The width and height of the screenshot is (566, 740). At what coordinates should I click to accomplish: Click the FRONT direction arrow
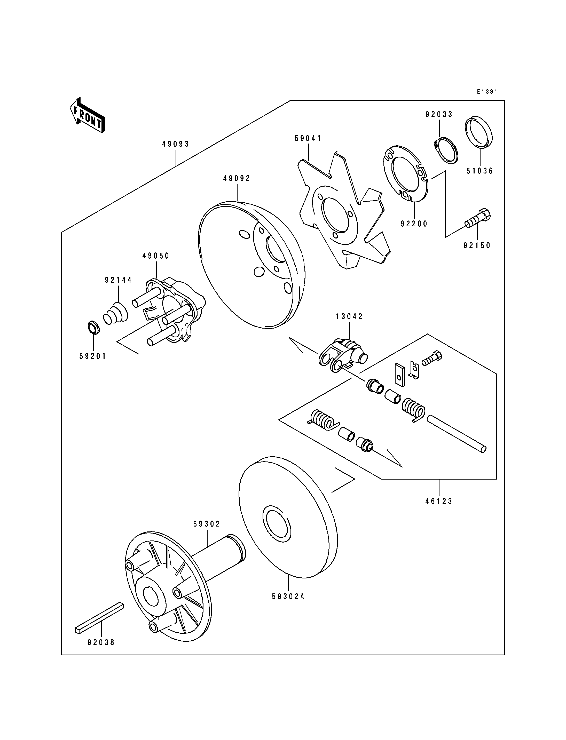tap(87, 116)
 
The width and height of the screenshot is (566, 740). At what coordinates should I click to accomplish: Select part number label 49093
tap(176, 144)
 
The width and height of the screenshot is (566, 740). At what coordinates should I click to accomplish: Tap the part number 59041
tap(308, 138)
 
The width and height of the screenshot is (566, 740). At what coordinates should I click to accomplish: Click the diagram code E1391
tap(487, 92)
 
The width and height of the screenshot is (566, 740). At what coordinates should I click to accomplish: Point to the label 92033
tap(439, 115)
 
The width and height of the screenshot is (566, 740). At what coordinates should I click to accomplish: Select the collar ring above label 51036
tap(478, 132)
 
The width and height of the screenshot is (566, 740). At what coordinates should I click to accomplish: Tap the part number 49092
tap(237, 179)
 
